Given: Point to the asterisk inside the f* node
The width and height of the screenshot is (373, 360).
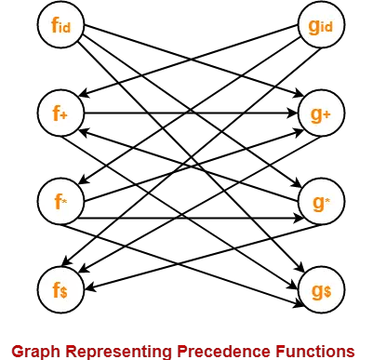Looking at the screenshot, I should pyautogui.click(x=68, y=198).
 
